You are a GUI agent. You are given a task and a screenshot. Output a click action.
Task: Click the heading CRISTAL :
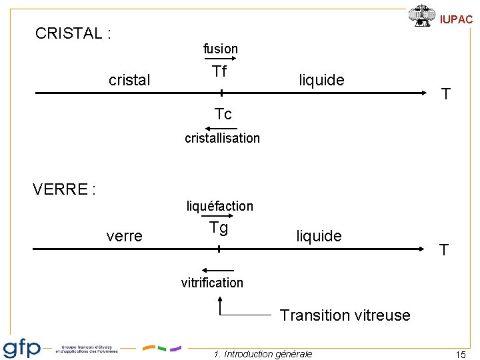point(73,33)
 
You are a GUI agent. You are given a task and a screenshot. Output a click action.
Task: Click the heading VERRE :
point(64,189)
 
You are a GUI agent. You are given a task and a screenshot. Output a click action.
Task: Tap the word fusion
point(220,49)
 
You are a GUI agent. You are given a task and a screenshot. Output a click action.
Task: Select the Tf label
point(219,72)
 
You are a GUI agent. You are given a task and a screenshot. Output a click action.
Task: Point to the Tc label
point(223,114)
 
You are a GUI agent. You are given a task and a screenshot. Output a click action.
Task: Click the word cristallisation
point(222,138)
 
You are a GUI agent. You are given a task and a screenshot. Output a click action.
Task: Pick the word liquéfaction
point(219,206)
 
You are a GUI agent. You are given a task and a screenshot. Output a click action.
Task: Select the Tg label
point(219,228)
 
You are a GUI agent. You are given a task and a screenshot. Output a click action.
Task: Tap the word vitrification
point(212,283)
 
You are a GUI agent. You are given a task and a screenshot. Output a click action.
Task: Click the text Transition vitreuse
point(345,315)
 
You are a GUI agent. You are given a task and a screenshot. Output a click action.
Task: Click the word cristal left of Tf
point(129,81)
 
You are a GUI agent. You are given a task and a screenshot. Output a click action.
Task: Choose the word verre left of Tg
point(124,236)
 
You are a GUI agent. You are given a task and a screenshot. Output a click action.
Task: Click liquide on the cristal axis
point(321,81)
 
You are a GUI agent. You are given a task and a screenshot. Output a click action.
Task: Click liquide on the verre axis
point(319,236)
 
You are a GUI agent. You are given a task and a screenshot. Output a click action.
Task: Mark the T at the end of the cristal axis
point(446,95)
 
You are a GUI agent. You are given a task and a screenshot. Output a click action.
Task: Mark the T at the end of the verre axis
point(443,251)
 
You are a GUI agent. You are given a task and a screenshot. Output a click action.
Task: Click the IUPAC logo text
point(456,19)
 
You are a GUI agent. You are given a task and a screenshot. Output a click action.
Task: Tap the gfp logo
point(22,349)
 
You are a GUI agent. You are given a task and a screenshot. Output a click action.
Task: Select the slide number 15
point(460,355)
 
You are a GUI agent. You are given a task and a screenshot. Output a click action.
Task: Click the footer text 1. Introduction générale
point(263,354)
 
